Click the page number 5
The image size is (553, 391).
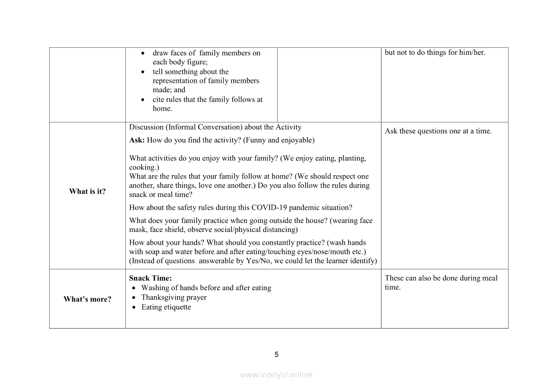coord(277,355)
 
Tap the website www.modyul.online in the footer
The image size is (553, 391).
coord(276,374)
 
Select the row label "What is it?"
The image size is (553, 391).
coord(88,191)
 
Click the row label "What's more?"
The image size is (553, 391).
coord(88,299)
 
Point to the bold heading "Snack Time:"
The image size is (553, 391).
coord(150,278)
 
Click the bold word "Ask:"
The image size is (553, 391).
coord(137,140)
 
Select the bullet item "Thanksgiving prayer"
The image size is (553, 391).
coord(174,297)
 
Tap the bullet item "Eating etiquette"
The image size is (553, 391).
coord(166,307)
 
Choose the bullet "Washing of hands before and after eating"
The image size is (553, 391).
coord(206,288)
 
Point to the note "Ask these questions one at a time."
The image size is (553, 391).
coord(438,131)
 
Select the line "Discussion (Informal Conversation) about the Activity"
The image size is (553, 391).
coord(215,127)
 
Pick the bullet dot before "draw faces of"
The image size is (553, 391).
coord(143,53)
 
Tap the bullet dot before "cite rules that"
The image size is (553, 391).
coord(143,100)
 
